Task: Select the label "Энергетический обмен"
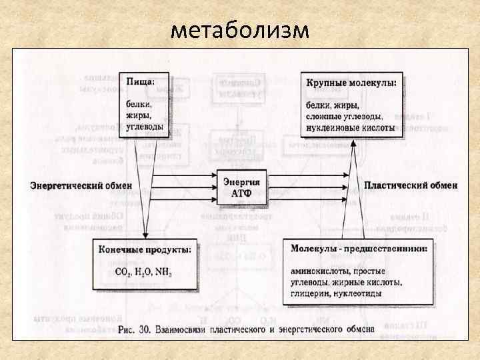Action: point(81,185)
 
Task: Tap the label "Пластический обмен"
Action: point(411,184)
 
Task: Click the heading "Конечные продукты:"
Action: point(145,249)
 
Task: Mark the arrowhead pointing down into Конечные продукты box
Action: point(145,234)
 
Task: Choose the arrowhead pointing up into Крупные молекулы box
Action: point(351,142)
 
